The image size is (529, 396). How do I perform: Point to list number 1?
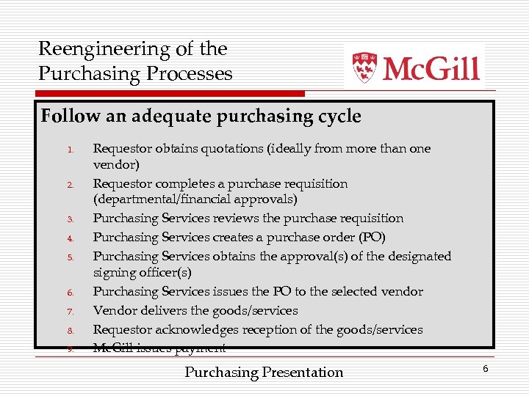[71, 150]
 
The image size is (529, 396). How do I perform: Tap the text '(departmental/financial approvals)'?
[195, 199]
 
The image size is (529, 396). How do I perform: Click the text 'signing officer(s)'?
[142, 273]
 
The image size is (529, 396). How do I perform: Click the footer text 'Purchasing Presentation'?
[264, 373]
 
